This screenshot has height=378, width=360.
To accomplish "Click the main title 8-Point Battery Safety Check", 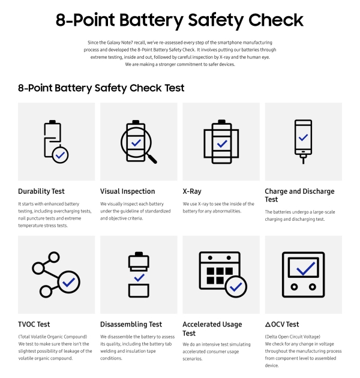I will click(179, 20).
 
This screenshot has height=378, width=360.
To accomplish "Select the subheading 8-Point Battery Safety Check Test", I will click(101, 88).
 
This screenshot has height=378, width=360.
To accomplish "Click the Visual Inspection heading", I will click(127, 191).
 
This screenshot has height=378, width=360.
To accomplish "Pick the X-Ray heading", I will click(192, 191).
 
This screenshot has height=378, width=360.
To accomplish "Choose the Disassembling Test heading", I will click(131, 325).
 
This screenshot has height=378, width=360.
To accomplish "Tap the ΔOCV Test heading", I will click(282, 325).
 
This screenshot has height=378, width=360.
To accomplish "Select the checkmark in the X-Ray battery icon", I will click(221, 144).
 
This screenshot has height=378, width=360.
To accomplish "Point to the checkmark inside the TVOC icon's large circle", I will click(69, 281).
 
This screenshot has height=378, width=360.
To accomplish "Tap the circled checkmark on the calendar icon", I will click(236, 287).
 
